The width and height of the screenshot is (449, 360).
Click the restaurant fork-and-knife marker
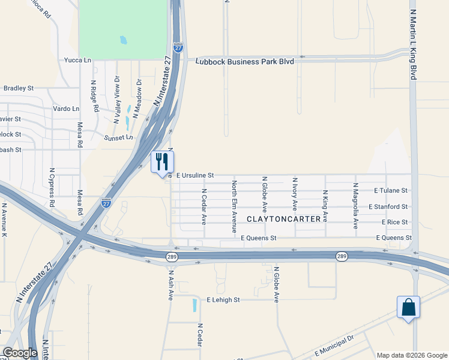point(162,162)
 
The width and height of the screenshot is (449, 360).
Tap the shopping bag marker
point(408,307)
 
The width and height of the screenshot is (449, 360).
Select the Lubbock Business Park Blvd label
point(246,61)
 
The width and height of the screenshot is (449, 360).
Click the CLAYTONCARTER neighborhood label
point(284,219)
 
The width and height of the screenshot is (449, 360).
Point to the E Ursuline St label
point(195,175)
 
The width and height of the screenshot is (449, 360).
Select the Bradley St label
point(18,88)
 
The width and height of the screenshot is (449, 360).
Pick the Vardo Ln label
point(66,109)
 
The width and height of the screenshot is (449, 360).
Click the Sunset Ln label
point(118,137)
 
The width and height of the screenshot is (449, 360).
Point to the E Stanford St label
point(388,206)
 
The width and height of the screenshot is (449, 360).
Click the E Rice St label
point(394,222)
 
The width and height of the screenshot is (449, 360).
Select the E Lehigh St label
point(223,299)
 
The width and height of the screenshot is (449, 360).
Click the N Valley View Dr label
point(117,100)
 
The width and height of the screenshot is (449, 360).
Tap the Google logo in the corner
point(20,353)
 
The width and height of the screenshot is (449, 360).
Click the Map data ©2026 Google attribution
point(412,355)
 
